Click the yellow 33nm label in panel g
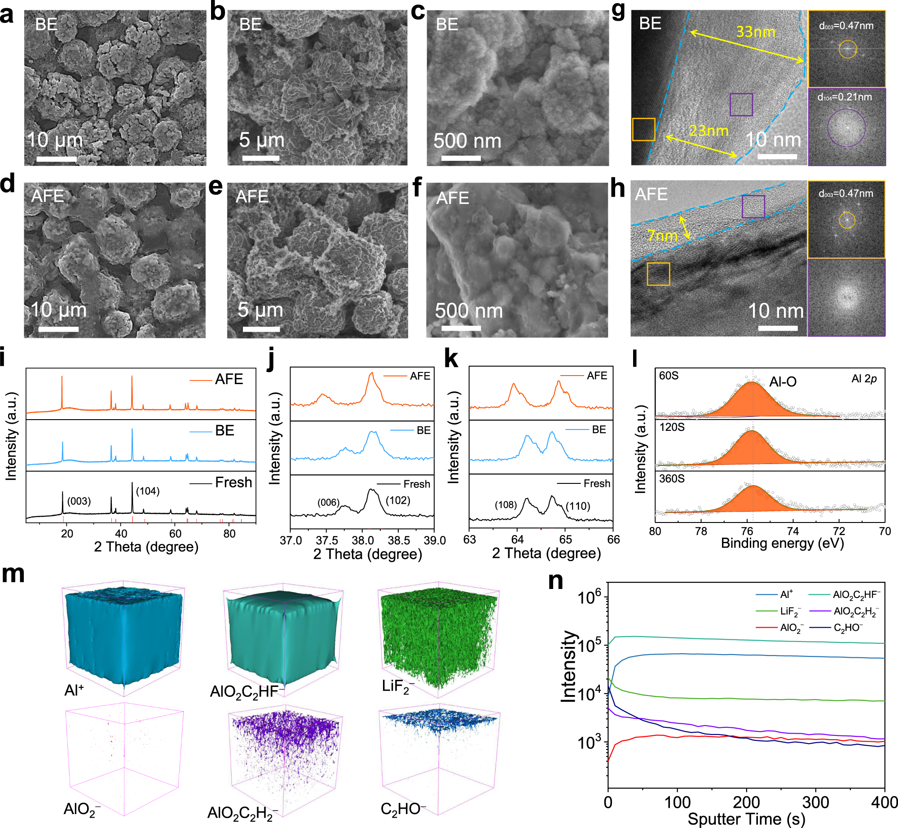coord(755,32)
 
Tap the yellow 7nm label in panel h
coord(662,235)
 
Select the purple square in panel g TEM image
coord(741,105)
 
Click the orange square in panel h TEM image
coord(658,274)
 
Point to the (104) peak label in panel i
coord(148,491)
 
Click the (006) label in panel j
coord(328,502)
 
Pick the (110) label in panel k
coord(577,506)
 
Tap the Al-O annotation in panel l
coord(783,382)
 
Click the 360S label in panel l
coord(672,479)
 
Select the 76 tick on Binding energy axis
coord(747,531)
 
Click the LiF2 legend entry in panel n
coord(790,611)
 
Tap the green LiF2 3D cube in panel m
coord(438,638)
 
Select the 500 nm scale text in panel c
coord(467,141)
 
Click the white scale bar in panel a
coord(56,159)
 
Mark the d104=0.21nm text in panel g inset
coord(845,97)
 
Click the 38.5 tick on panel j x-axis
coord(399,540)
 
